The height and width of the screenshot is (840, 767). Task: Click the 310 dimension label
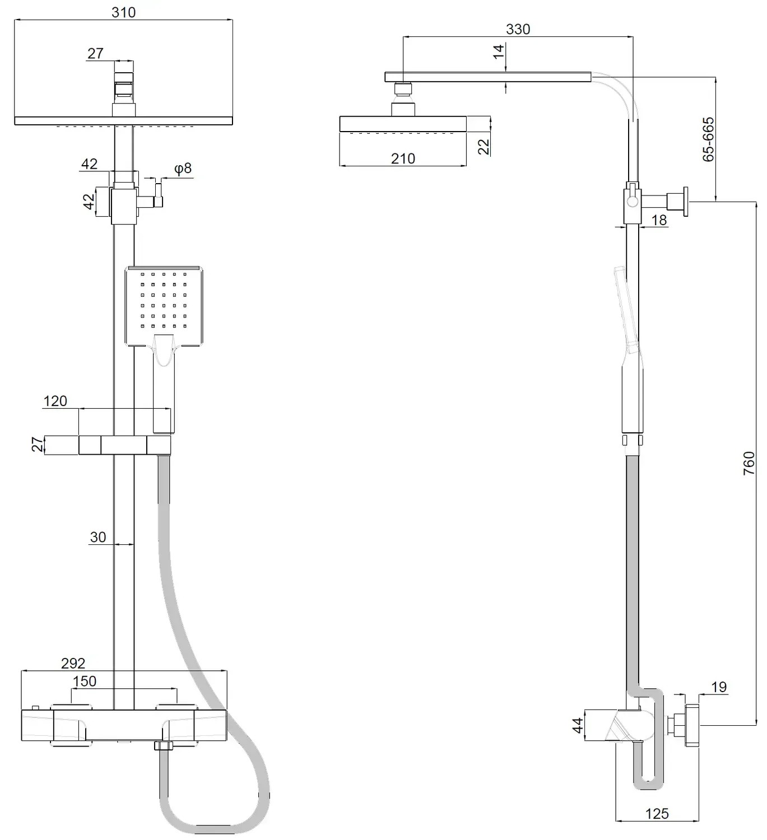[124, 12]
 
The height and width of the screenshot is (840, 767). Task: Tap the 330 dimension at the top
[518, 29]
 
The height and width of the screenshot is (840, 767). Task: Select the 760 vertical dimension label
[749, 463]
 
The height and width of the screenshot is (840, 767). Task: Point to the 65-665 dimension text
[708, 139]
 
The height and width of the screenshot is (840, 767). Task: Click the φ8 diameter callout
[183, 169]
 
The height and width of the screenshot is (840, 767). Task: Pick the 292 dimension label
[73, 663]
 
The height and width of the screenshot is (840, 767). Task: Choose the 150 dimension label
[85, 682]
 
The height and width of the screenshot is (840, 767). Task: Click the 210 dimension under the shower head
[403, 158]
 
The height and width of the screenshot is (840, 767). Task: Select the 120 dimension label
[55, 401]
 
